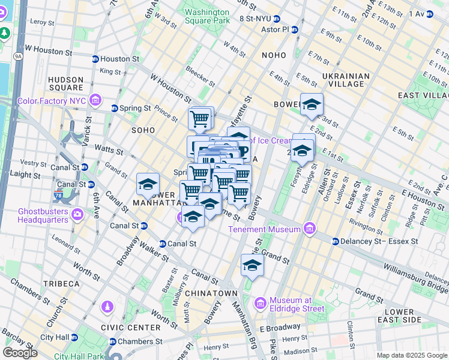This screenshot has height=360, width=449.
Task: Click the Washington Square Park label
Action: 207,16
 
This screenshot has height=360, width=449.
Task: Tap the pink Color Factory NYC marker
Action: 95,100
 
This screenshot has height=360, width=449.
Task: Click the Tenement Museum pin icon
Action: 309,229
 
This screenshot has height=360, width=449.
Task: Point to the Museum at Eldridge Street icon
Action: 260,304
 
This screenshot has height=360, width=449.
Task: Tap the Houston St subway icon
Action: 95,59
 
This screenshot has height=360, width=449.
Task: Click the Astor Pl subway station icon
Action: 294,29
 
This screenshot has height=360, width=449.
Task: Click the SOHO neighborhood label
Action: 143,130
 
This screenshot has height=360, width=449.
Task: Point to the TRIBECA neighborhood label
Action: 61,283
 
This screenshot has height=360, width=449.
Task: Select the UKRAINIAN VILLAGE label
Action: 346,80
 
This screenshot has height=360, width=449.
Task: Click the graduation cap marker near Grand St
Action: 253,265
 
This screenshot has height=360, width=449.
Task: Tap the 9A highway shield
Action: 18,56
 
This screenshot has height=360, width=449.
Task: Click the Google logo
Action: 20,353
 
